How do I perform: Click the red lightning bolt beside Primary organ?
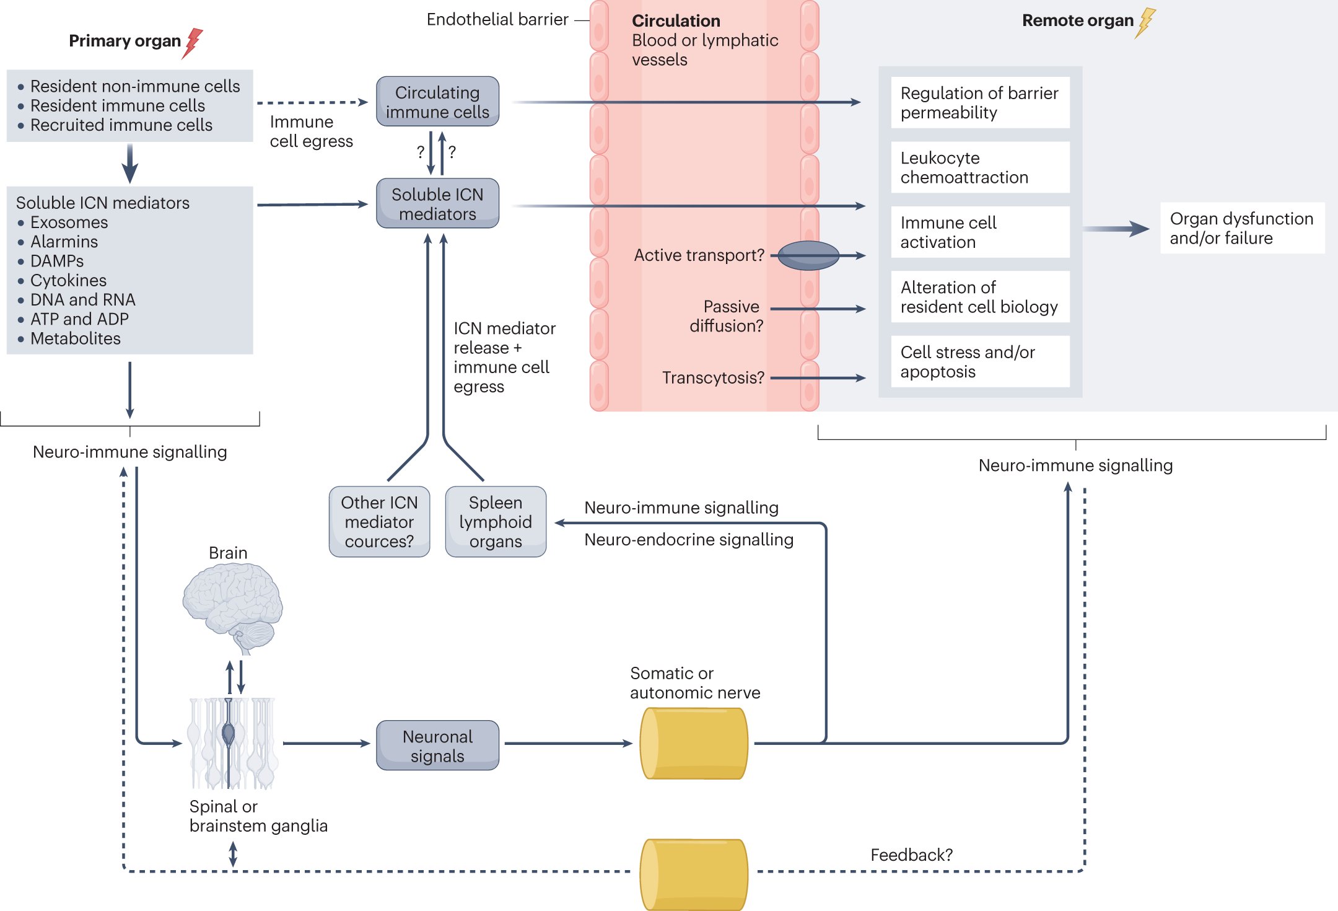(x=193, y=43)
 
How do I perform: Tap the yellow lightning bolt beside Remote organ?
(x=1146, y=22)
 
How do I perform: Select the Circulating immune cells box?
(x=437, y=102)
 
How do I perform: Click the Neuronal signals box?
(x=437, y=746)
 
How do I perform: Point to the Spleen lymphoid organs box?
(x=496, y=522)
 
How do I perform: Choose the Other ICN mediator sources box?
(x=379, y=522)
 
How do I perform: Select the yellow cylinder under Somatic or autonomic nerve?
(x=693, y=743)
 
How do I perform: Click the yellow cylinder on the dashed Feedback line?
(x=693, y=874)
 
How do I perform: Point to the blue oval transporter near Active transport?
(x=808, y=255)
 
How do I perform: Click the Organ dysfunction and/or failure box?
(x=1241, y=228)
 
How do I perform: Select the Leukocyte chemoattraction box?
(x=979, y=167)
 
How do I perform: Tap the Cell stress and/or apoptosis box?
(x=979, y=362)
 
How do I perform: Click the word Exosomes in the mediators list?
(x=69, y=222)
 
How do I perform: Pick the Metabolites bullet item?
(x=75, y=338)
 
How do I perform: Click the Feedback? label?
(x=911, y=855)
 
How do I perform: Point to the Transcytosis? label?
(x=713, y=377)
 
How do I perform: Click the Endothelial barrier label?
(x=497, y=20)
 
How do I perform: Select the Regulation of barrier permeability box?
(x=979, y=103)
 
